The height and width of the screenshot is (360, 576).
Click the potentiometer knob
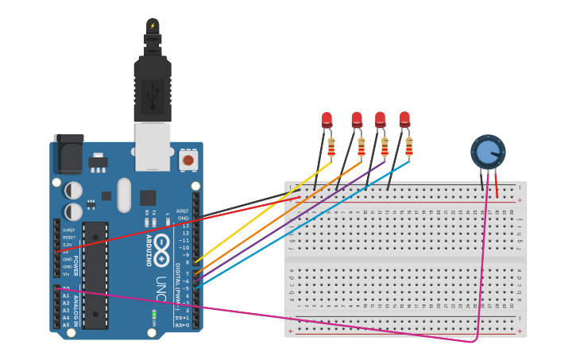(x=487, y=152)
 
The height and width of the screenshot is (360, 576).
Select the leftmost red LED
(x=327, y=120)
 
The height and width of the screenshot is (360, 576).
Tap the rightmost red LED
(x=404, y=119)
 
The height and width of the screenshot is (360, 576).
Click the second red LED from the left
(x=357, y=120)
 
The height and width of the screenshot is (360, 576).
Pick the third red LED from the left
(x=380, y=119)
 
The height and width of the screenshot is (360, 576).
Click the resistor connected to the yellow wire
(x=331, y=147)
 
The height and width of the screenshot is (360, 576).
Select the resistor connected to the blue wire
(x=409, y=146)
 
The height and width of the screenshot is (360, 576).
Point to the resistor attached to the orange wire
(x=361, y=147)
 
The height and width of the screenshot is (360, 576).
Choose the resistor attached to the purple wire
(x=385, y=147)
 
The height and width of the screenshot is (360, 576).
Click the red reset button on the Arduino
(x=188, y=160)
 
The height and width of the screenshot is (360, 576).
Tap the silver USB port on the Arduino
(x=153, y=147)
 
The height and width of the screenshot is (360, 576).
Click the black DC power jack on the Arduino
(x=68, y=153)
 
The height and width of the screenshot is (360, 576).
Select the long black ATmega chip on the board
(x=95, y=275)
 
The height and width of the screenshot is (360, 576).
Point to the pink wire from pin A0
(x=278, y=317)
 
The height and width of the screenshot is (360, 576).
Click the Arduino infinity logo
(x=163, y=244)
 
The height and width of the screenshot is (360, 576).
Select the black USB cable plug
(x=153, y=87)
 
